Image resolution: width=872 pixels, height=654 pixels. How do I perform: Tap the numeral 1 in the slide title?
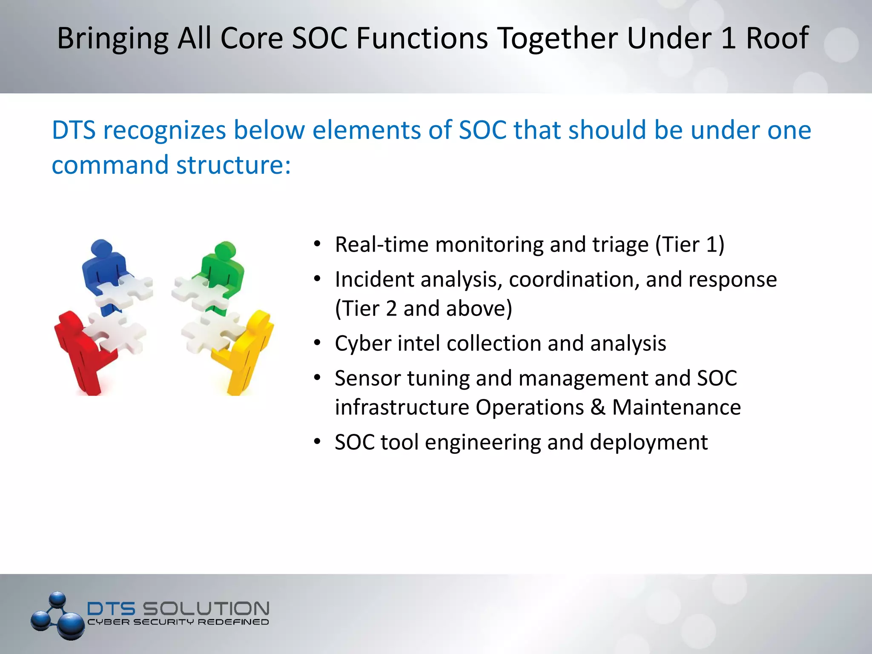click(x=729, y=38)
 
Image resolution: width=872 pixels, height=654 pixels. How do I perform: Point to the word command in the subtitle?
click(x=110, y=165)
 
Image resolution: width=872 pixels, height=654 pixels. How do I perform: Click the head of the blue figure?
click(x=102, y=247)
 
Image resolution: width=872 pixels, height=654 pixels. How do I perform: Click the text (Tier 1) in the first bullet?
click(x=689, y=245)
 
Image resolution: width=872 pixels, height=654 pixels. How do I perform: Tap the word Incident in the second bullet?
click(x=374, y=280)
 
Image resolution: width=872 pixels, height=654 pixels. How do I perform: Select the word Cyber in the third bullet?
click(x=362, y=344)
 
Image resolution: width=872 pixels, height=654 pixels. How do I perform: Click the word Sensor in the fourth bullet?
click(x=367, y=379)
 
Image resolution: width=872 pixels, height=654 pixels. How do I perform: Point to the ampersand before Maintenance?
click(x=598, y=407)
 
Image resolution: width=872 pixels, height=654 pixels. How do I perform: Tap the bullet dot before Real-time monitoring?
click(x=317, y=244)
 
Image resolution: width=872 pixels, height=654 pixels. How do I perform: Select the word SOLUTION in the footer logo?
click(x=206, y=608)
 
